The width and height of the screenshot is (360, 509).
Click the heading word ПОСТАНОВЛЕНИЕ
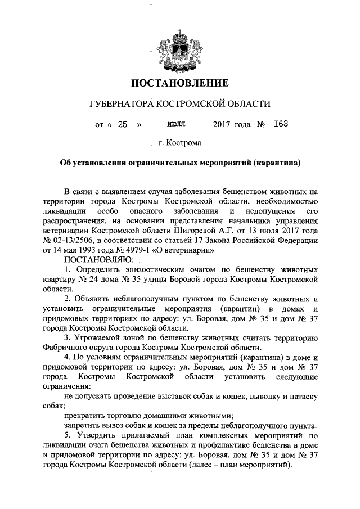click(180, 84)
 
